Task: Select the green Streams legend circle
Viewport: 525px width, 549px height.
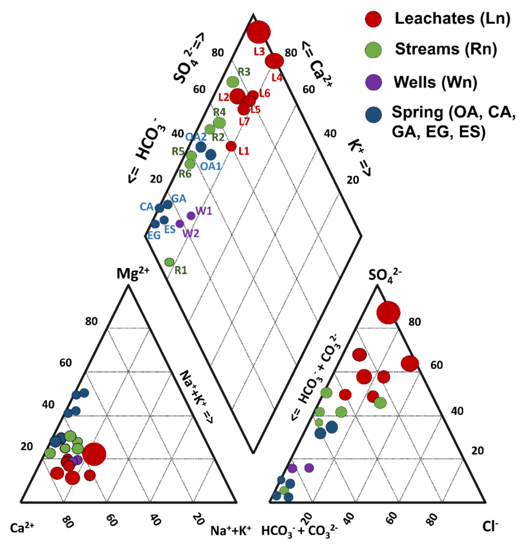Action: point(373,50)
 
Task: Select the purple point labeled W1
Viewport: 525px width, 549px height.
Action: point(191,216)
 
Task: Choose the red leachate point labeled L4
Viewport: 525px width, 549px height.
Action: point(274,61)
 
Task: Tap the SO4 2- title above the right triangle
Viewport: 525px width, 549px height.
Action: point(385,275)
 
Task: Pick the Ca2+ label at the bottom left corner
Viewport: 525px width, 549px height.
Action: point(22,528)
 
